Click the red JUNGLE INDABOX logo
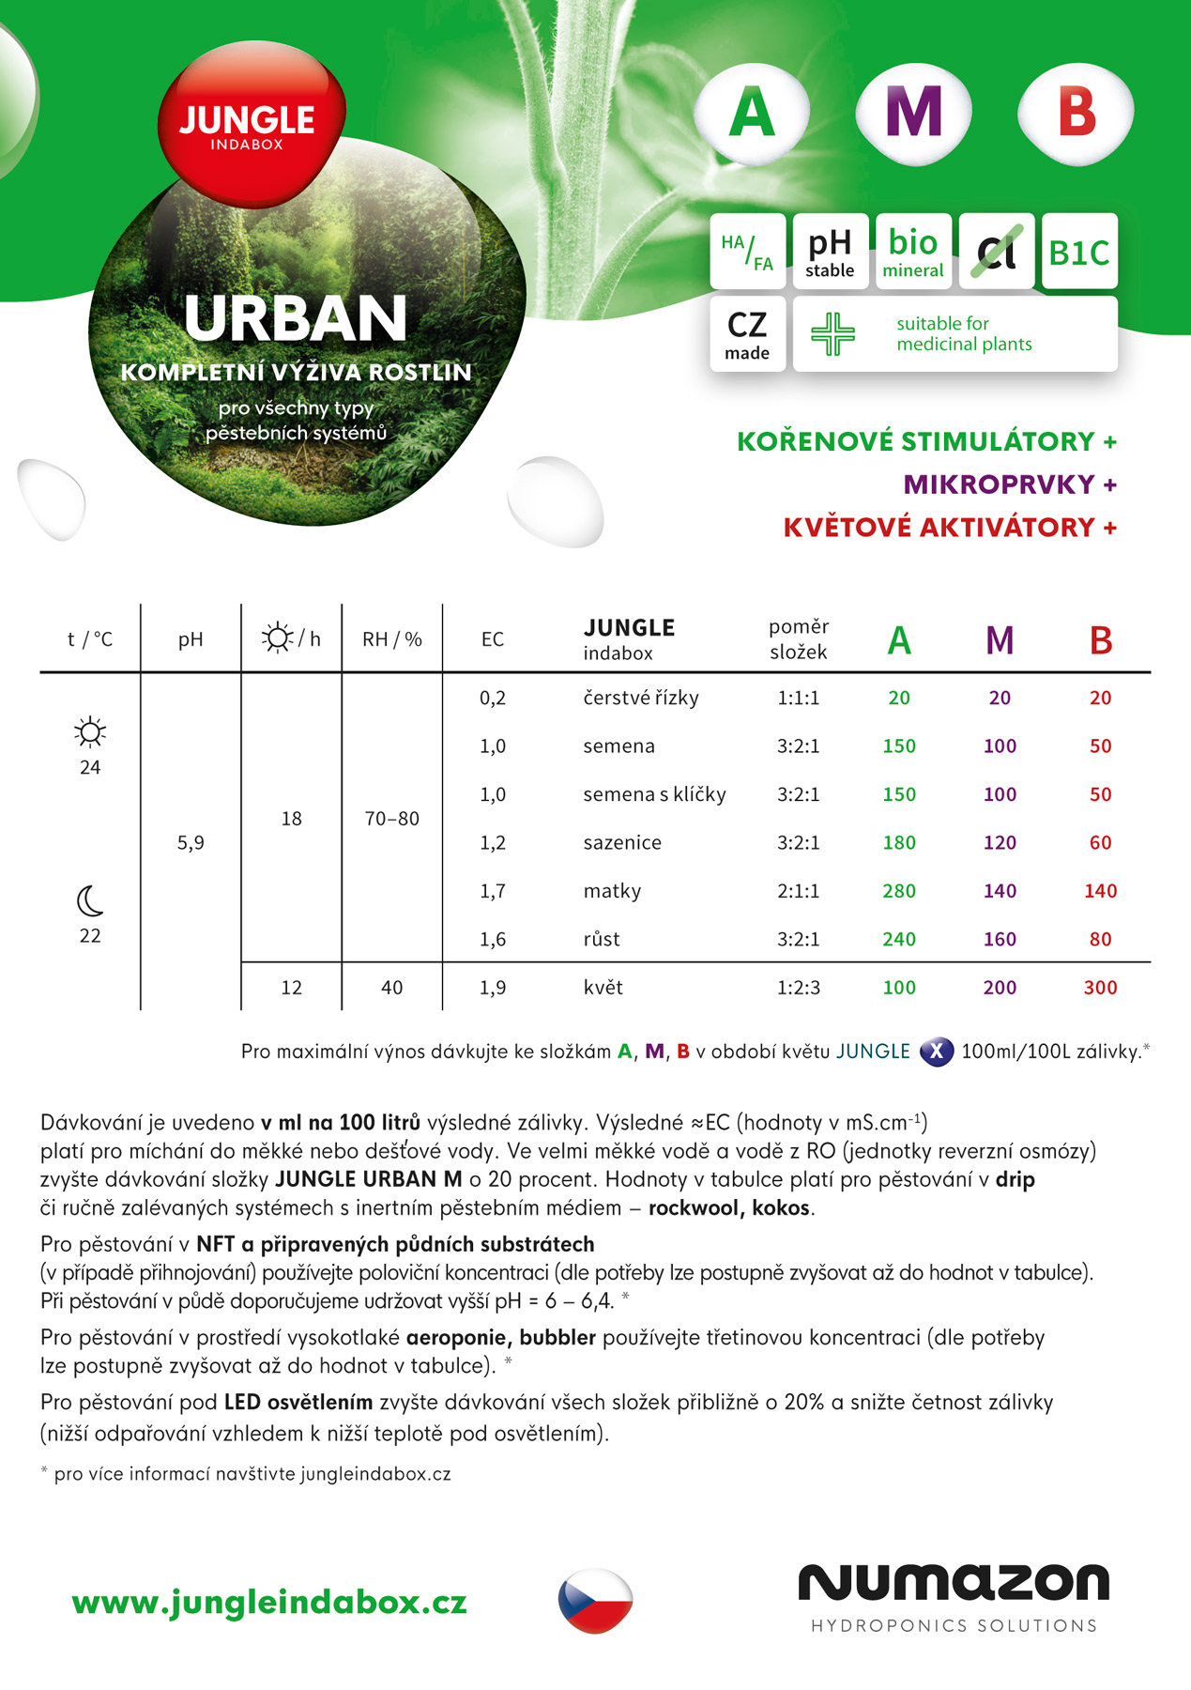249,125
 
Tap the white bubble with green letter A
752,113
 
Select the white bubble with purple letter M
913,113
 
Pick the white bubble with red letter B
1076,113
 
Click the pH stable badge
830,252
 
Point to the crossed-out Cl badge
996,252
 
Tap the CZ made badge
747,334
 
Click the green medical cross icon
832,333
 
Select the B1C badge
1078,252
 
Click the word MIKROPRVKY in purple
999,484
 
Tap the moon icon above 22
90,901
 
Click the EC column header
493,639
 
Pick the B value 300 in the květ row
1100,988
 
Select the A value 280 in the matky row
899,891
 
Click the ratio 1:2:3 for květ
798,988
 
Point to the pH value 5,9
191,843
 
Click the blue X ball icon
936,1052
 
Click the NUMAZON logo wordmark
954,1583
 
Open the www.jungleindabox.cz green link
269,1602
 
